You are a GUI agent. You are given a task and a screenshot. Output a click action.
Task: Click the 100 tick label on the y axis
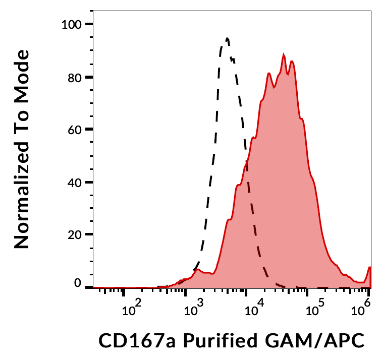pyautogui.click(x=72, y=24)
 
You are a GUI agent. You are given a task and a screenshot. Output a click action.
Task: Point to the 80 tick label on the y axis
pyautogui.click(x=75, y=77)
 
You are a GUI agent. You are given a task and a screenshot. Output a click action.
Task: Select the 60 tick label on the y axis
pyautogui.click(x=75, y=130)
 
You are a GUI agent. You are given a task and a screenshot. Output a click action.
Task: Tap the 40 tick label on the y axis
pyautogui.click(x=75, y=182)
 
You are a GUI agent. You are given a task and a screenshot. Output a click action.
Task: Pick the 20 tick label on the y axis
pyautogui.click(x=75, y=234)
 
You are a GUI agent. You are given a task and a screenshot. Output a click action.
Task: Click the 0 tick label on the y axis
pyautogui.click(x=78, y=283)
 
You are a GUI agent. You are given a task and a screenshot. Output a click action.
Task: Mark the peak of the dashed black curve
pyautogui.click(x=227, y=38)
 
